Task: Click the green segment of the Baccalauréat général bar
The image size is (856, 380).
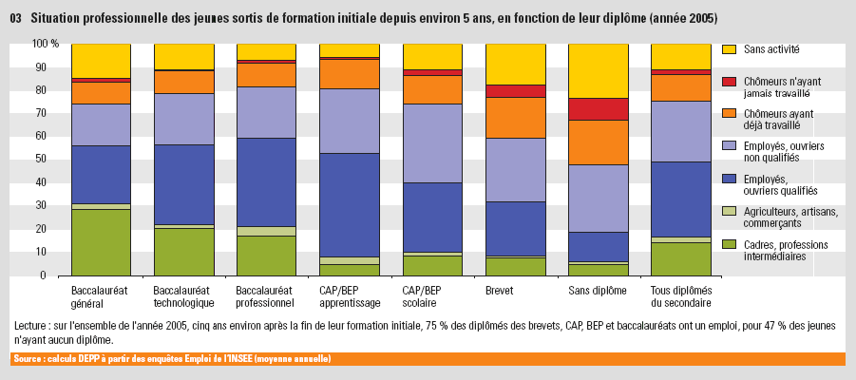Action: (x=101, y=241)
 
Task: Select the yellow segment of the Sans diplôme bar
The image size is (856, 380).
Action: (x=599, y=70)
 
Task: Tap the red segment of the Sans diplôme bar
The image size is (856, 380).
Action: (x=599, y=108)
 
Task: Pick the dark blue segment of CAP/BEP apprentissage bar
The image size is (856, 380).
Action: (x=350, y=204)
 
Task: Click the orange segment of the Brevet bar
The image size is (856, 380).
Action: (x=516, y=117)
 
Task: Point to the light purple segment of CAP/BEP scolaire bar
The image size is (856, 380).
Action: (x=433, y=142)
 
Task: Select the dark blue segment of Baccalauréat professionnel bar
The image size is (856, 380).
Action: (x=266, y=181)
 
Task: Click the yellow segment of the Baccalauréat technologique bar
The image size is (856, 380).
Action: (x=183, y=56)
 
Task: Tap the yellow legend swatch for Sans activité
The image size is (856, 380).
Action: (x=729, y=48)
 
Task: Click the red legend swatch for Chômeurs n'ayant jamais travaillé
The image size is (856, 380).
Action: (x=729, y=83)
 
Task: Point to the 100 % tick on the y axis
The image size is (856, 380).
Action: (x=45, y=44)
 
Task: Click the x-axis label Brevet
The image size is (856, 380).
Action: (x=500, y=290)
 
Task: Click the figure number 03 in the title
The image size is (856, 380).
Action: (x=15, y=18)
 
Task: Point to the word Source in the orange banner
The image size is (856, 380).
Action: (x=27, y=359)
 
